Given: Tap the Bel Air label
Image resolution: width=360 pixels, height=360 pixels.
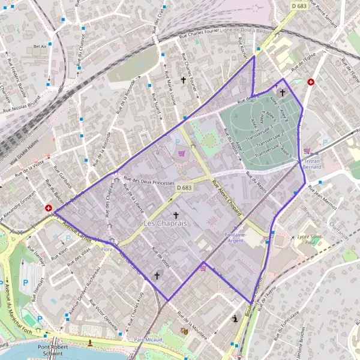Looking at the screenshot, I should pos(40,46).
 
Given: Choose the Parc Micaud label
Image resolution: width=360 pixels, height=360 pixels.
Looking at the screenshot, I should pos(149,339).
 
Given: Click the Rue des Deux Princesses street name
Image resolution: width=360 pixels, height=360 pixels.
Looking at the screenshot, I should pos(149,182).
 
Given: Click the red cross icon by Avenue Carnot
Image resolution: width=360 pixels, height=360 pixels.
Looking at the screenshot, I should pos(48,208).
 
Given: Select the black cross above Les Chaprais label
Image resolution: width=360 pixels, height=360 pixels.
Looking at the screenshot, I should pos(176,214).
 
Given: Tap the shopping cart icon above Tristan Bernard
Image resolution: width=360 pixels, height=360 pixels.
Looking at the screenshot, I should pos(307,151).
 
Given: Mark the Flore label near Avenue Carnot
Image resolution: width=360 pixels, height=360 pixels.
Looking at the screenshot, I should pos(107,248).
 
